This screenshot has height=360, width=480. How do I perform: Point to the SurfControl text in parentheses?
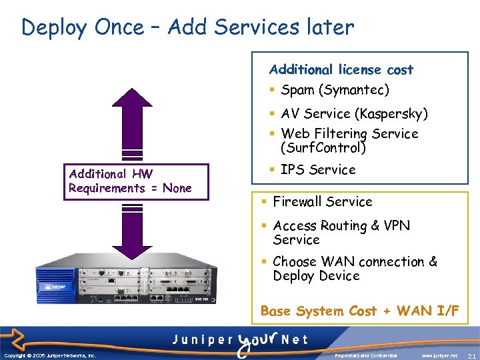pyautogui.click(x=323, y=147)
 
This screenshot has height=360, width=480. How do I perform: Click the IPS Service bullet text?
pyautogui.click(x=318, y=169)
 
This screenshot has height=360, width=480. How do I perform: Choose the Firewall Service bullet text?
pyautogui.click(x=323, y=201)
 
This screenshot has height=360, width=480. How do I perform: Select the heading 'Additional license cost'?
pyautogui.click(x=341, y=69)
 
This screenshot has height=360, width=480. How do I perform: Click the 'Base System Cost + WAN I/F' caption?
pyautogui.click(x=359, y=311)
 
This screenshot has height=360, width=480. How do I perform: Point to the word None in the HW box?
pyautogui.click(x=177, y=188)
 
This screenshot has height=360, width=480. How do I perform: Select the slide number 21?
pyautogui.click(x=471, y=355)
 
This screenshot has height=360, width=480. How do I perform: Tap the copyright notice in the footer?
pyautogui.click(x=50, y=355)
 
